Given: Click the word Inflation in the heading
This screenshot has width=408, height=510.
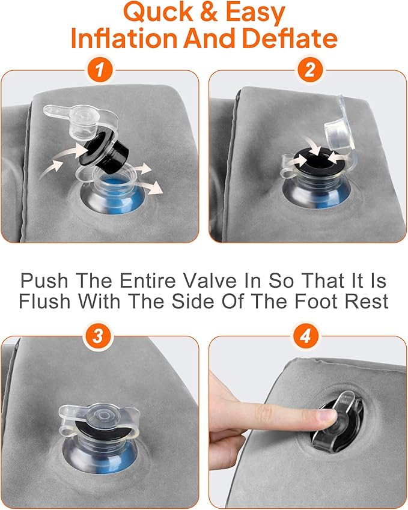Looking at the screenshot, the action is pyautogui.click(x=124, y=38).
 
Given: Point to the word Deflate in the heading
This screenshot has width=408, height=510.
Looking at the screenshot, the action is pyautogui.click(x=290, y=38).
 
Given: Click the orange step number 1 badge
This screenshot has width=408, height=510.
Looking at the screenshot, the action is pyautogui.click(x=100, y=69).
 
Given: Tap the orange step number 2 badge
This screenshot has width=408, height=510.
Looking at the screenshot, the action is pyautogui.click(x=309, y=69).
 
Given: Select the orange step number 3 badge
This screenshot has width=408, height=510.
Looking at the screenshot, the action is pyautogui.click(x=97, y=335).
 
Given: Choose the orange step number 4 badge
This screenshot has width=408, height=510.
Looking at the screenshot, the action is pyautogui.click(x=306, y=335).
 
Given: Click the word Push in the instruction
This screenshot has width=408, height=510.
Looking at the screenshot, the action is pyautogui.click(x=44, y=280).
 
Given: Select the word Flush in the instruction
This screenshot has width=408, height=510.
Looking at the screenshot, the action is pyautogui.click(x=44, y=301).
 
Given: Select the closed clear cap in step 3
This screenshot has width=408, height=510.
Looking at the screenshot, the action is pyautogui.click(x=100, y=417).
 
